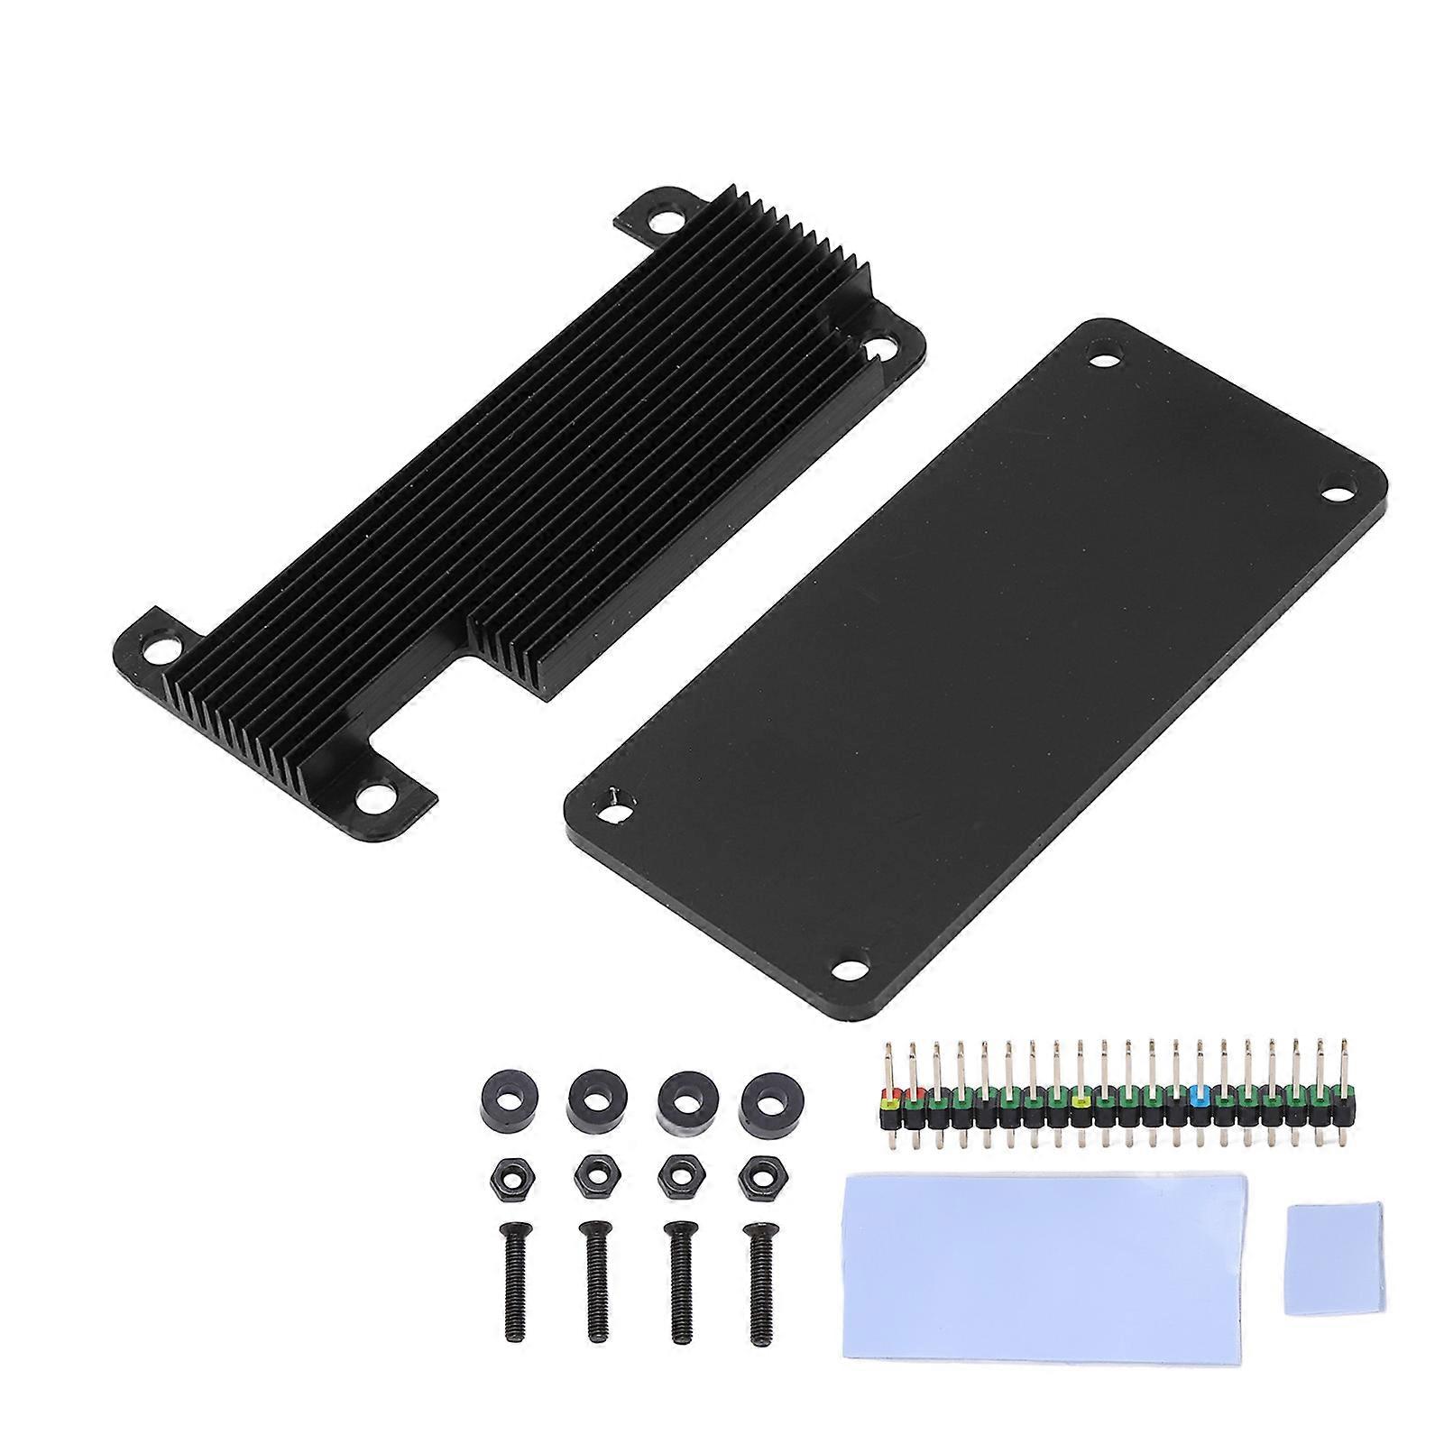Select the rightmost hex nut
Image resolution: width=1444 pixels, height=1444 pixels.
pyautogui.click(x=754, y=1176)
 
